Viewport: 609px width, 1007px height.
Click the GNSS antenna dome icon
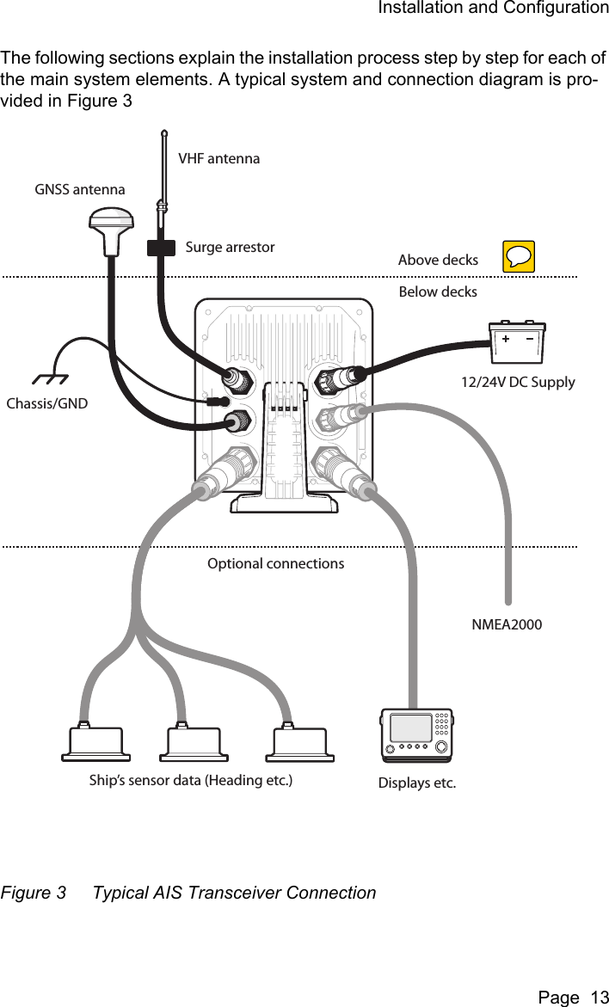(108, 229)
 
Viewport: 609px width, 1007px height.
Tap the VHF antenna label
(218, 158)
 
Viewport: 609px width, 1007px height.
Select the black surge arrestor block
(160, 248)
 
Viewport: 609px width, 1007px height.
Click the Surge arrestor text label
(230, 248)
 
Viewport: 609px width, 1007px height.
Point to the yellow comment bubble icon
(519, 256)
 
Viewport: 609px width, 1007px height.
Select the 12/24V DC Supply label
(518, 382)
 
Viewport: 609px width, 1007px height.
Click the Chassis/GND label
(47, 403)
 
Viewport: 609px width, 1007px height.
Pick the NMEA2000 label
(507, 624)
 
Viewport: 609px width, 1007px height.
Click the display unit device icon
(417, 734)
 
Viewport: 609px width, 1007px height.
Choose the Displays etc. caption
(417, 783)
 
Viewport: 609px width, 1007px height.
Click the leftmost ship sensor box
(95, 743)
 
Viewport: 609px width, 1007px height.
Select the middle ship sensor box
(194, 743)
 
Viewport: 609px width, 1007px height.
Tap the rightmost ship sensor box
(300, 743)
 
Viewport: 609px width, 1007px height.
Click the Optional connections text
(275, 564)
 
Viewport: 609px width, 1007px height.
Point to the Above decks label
(438, 260)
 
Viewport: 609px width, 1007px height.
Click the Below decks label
(438, 292)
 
